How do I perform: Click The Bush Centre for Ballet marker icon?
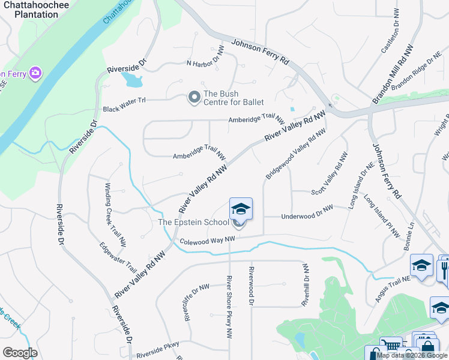[x=194, y=97]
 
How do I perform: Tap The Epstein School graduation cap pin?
[x=241, y=209]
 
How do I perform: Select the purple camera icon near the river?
[x=35, y=73]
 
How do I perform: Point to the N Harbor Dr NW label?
[x=205, y=63]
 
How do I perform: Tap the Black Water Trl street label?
[x=124, y=109]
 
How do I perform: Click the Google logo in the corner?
[x=20, y=353]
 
